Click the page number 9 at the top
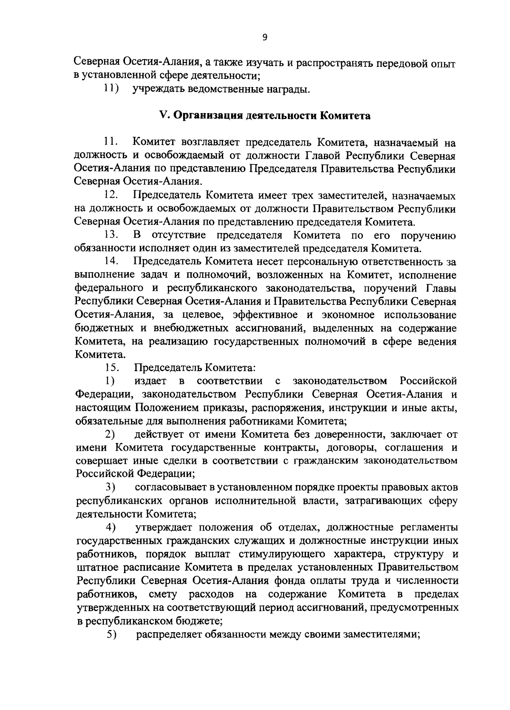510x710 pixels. tap(264, 37)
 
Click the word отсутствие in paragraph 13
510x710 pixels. tap(179, 236)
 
